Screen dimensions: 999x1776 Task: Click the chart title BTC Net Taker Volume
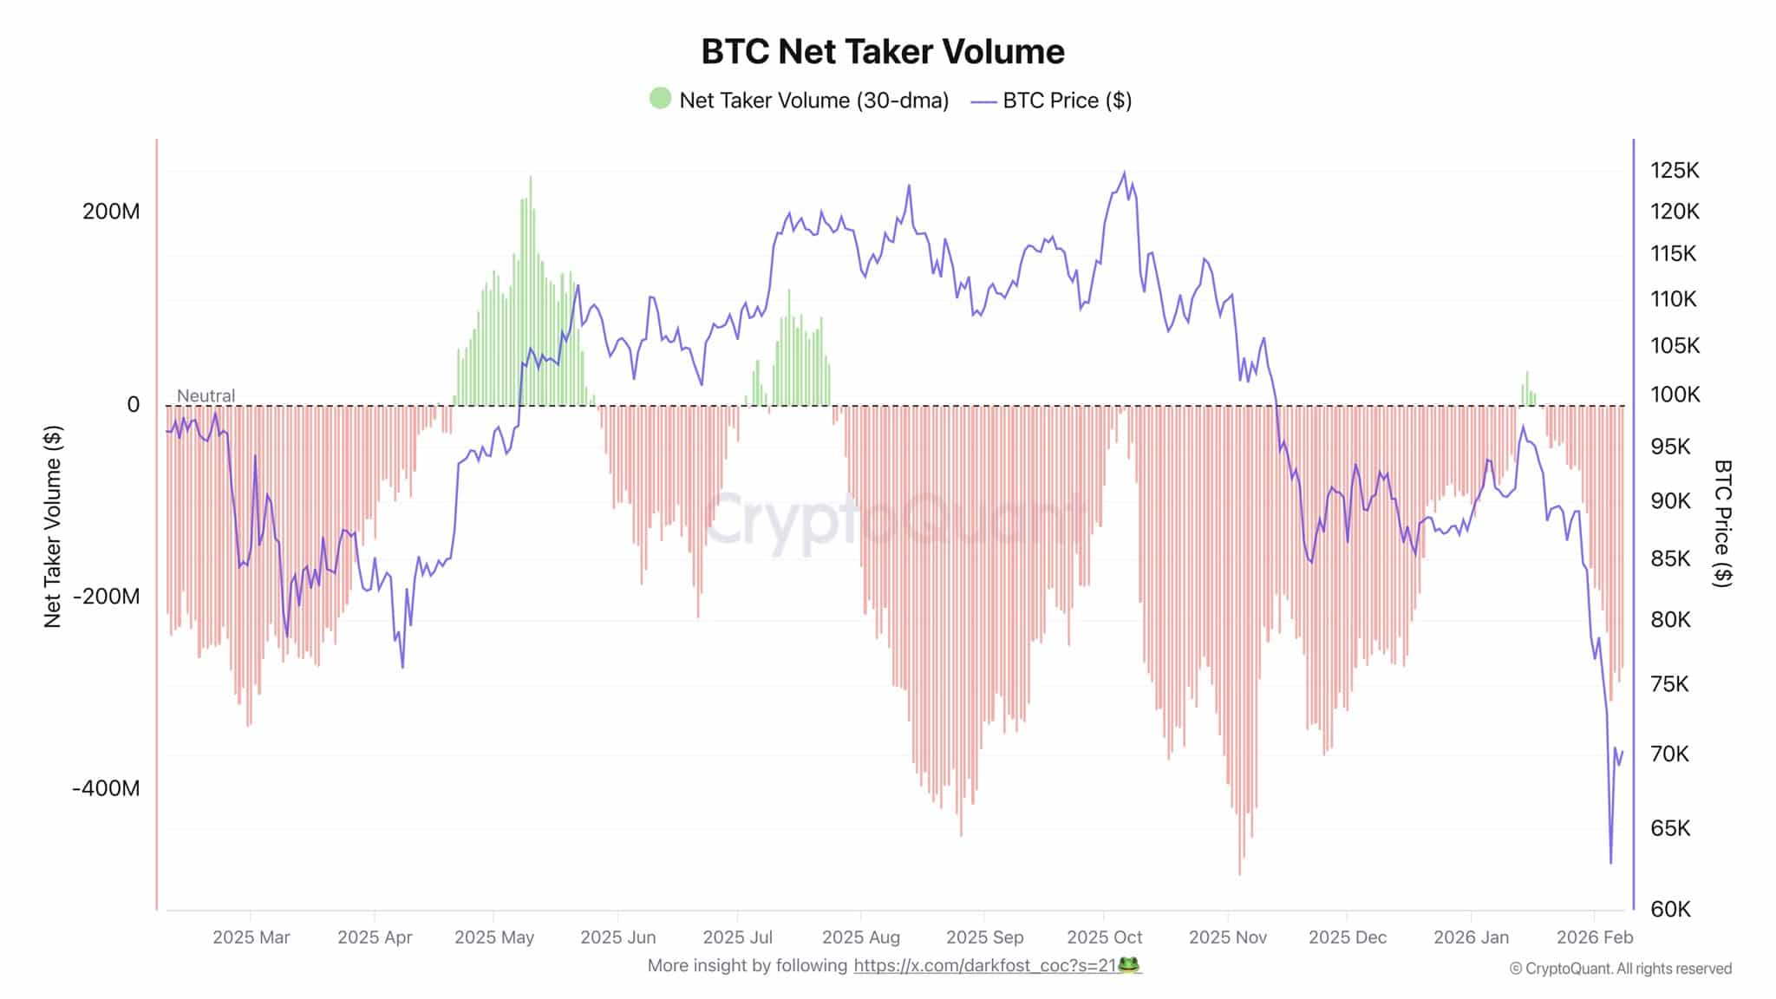pos(882,51)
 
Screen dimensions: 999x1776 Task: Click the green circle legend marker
pos(660,99)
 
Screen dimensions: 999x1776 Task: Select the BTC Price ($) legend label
pos(1067,101)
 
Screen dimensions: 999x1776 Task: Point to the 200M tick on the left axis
pos(111,211)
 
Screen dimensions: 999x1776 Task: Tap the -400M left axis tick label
pos(106,788)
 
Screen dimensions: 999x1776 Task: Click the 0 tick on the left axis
pos(133,404)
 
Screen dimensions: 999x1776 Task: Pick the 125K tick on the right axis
pos(1674,170)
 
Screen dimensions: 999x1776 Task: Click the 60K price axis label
pos(1670,909)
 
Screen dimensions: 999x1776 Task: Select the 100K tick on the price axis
pos(1674,395)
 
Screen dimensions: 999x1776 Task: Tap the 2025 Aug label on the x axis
pos(860,937)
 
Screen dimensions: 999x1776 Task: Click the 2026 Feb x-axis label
pos(1594,937)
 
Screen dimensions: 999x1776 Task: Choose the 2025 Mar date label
pos(251,937)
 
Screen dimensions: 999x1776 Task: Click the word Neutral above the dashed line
pos(206,395)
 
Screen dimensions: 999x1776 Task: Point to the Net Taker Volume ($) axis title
pos(53,526)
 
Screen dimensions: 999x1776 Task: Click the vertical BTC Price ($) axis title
pos(1722,523)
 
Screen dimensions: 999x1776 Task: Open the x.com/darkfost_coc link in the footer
pos(984,965)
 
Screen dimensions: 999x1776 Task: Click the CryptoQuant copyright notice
pos(1620,969)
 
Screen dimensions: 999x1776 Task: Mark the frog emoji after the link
pos(1128,964)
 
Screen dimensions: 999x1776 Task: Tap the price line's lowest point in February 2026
pos(1610,862)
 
